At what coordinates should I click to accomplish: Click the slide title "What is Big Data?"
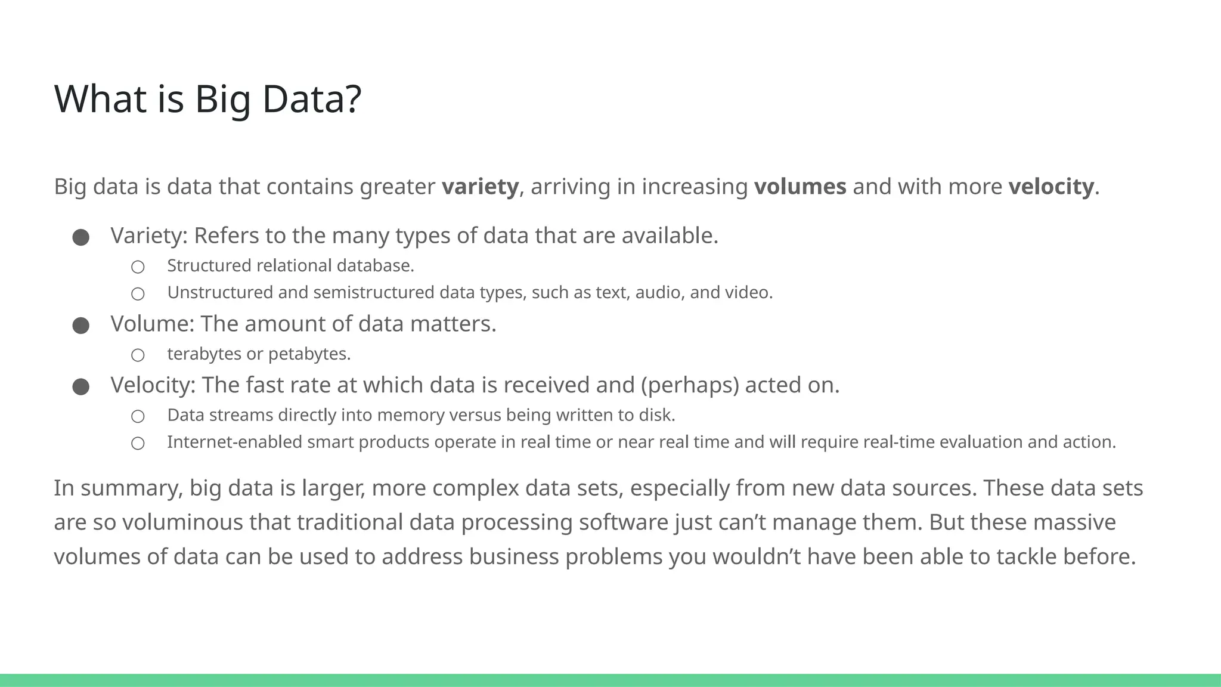pyautogui.click(x=207, y=99)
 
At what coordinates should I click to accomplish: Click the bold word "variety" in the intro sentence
pyautogui.click(x=480, y=187)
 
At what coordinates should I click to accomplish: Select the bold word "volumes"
pyautogui.click(x=799, y=187)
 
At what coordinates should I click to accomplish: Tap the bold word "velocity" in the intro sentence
pyautogui.click(x=1050, y=187)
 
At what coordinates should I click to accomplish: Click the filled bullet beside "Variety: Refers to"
pyautogui.click(x=81, y=237)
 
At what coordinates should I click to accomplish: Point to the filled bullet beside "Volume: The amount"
pyautogui.click(x=81, y=326)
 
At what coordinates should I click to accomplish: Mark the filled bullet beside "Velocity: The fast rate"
pyautogui.click(x=81, y=387)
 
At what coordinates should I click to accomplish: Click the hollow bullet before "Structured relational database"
pyautogui.click(x=138, y=267)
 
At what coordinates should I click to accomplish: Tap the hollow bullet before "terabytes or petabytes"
pyautogui.click(x=138, y=355)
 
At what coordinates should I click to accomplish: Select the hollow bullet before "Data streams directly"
pyautogui.click(x=138, y=416)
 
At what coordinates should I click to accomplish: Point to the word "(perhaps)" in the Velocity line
pyautogui.click(x=690, y=385)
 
